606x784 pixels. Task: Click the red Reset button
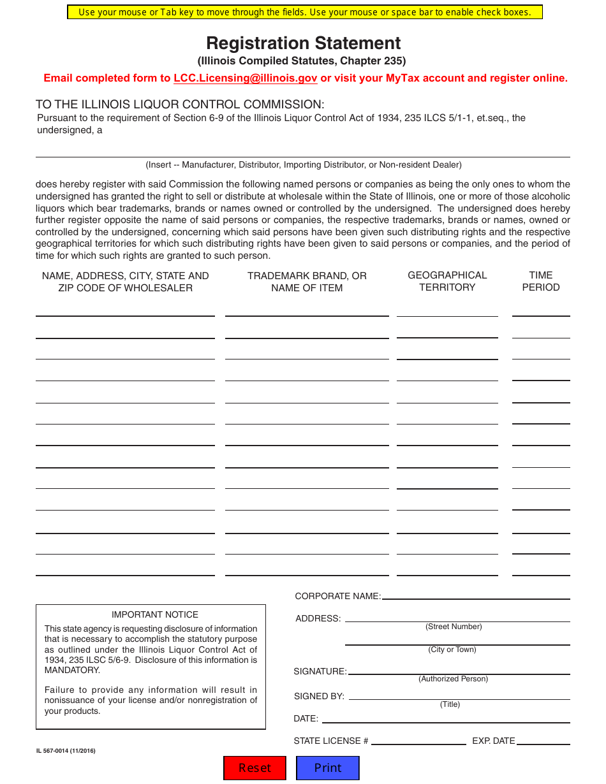coord(255,768)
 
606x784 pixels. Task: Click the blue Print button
coord(328,768)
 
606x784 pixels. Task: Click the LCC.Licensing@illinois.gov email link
coord(245,78)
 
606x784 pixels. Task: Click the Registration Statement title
coord(303,43)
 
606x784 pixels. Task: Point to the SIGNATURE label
coord(320,672)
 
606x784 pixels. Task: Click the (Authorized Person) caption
coord(453,679)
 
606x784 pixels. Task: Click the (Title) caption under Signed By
coord(450,705)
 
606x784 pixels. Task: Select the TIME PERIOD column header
coord(540,281)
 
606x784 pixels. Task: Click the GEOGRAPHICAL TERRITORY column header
coord(447,281)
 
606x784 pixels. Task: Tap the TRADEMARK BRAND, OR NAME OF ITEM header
coord(307,282)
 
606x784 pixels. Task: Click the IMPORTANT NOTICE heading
coord(155,615)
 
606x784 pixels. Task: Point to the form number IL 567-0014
coord(66,751)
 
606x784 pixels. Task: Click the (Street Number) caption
coord(454,627)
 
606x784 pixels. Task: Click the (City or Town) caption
coord(452,650)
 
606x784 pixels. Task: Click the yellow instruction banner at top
coord(304,12)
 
